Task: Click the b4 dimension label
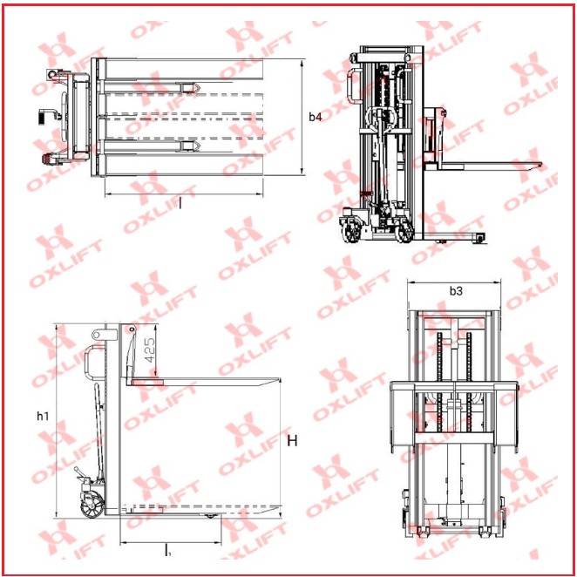click(x=315, y=117)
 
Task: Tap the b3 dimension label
click(x=456, y=291)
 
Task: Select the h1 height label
click(x=43, y=417)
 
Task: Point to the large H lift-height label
click(x=292, y=440)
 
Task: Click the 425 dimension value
click(x=150, y=350)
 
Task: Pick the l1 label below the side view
click(x=168, y=550)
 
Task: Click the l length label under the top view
click(x=180, y=203)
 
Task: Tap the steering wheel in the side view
click(x=92, y=505)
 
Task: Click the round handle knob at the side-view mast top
click(x=97, y=335)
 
